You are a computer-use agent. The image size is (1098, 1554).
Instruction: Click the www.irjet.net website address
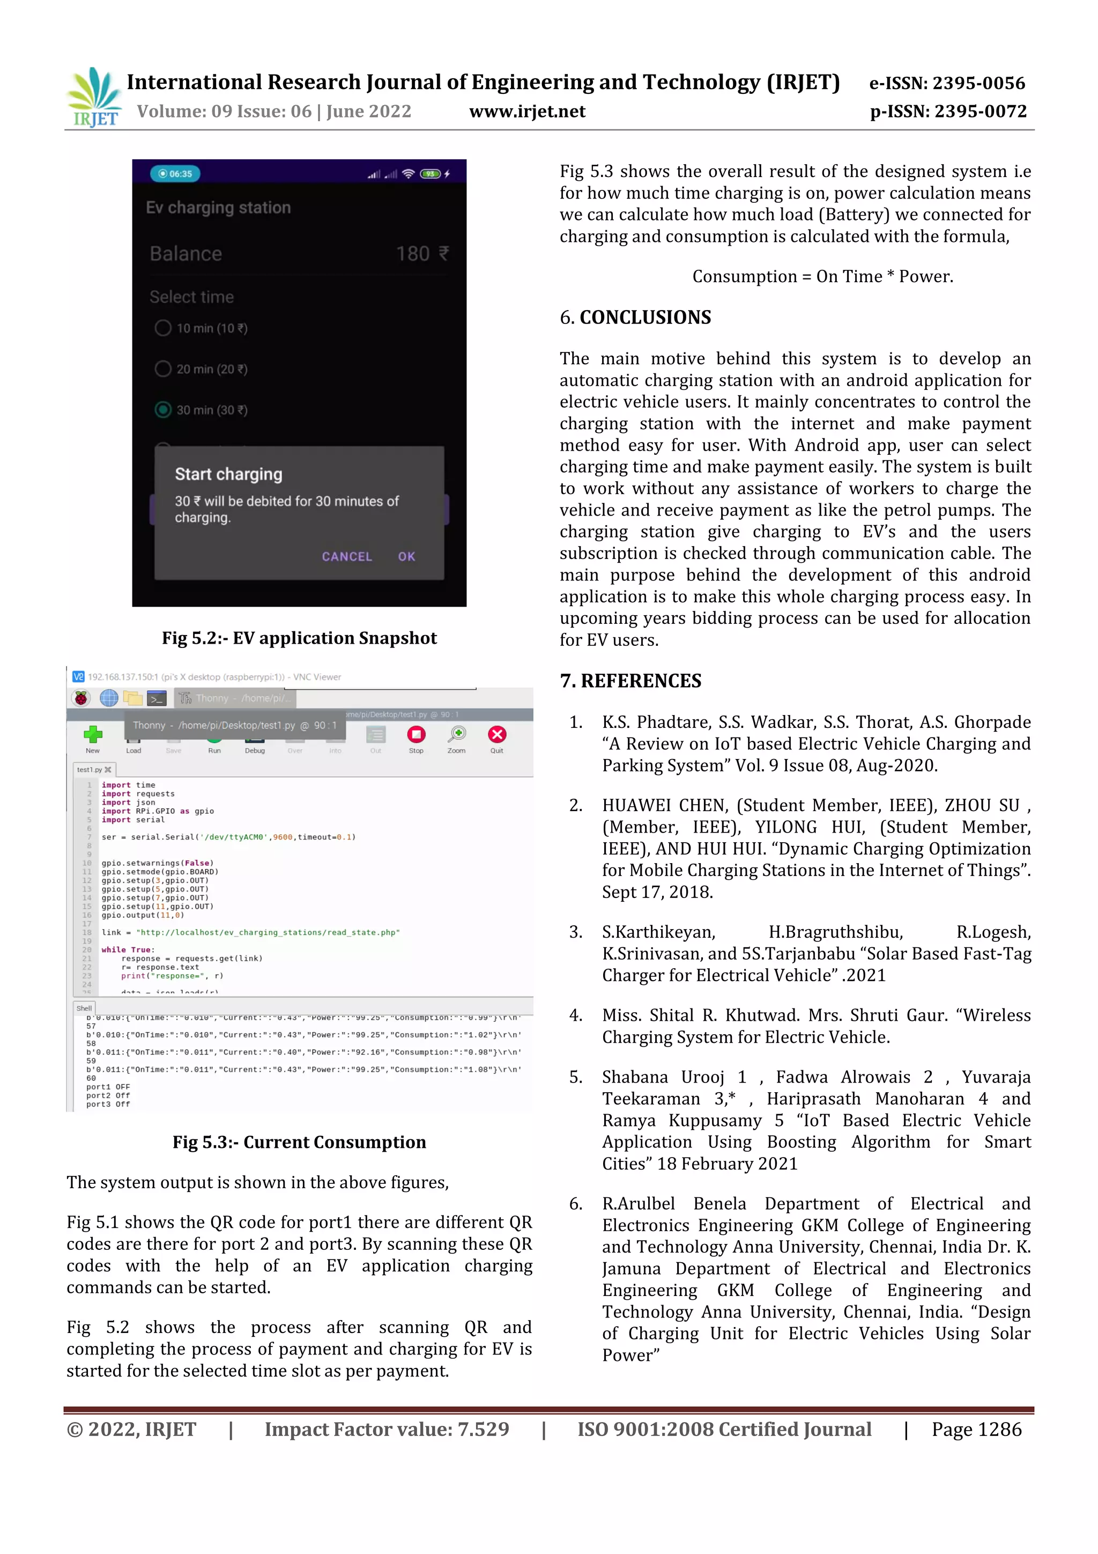pyautogui.click(x=527, y=112)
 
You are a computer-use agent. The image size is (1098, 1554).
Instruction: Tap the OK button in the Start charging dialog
pyautogui.click(x=406, y=556)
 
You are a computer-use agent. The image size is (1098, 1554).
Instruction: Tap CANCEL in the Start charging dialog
pyautogui.click(x=346, y=556)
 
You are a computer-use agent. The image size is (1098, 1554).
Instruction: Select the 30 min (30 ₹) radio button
pyautogui.click(x=163, y=409)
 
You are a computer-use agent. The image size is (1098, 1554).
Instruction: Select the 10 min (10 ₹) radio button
pyautogui.click(x=163, y=328)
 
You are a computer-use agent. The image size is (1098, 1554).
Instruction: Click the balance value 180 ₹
pyautogui.click(x=421, y=254)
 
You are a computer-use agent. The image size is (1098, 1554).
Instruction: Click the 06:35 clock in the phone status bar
pyautogui.click(x=175, y=174)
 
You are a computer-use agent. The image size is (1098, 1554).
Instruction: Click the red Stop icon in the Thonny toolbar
pyautogui.click(x=416, y=735)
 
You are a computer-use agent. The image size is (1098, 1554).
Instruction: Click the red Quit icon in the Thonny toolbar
pyautogui.click(x=496, y=735)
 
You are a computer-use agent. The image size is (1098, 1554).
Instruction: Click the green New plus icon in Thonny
pyautogui.click(x=93, y=735)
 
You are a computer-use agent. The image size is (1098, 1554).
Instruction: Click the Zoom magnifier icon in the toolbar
pyautogui.click(x=457, y=735)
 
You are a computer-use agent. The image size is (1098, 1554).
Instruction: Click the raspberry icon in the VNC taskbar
pyautogui.click(x=81, y=698)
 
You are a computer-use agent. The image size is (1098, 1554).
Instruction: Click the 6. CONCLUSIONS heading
pyautogui.click(x=635, y=318)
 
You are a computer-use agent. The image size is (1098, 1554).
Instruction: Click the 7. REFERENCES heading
pyautogui.click(x=630, y=681)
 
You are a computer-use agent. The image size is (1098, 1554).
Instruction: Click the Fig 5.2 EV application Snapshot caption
pyautogui.click(x=299, y=638)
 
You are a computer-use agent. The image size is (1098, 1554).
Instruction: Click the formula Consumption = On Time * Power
pyautogui.click(x=822, y=277)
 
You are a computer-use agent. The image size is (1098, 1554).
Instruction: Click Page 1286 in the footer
pyautogui.click(x=976, y=1430)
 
